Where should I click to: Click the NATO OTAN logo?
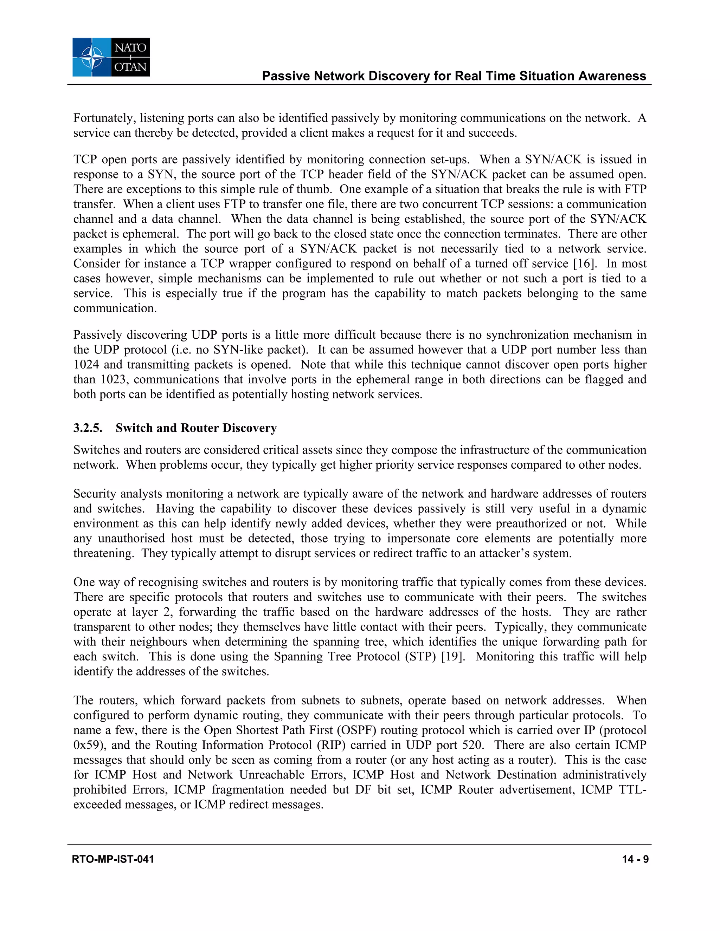click(111, 57)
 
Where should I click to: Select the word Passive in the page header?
click(286, 76)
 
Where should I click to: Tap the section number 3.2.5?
click(88, 428)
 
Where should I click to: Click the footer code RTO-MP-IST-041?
click(113, 859)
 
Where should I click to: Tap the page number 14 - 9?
click(635, 859)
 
